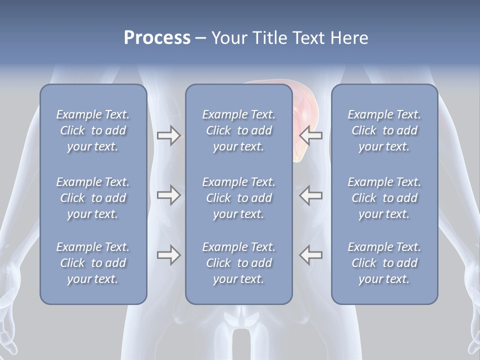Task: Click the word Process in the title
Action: [x=157, y=38]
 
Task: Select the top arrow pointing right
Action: [x=168, y=135]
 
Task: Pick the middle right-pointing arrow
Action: [x=168, y=195]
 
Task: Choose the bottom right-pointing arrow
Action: [x=168, y=255]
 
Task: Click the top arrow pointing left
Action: [x=311, y=135]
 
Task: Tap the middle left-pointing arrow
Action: [x=311, y=195]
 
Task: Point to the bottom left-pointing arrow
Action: [x=311, y=255]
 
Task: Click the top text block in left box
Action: [x=93, y=130]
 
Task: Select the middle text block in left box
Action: [x=93, y=198]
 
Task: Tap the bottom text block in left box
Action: [x=93, y=263]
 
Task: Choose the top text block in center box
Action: [x=238, y=130]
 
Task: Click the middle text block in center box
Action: [x=238, y=198]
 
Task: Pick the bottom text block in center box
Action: [x=238, y=263]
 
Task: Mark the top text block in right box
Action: [x=384, y=130]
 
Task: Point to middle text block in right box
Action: [x=384, y=198]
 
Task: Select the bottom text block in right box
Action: [x=384, y=263]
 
